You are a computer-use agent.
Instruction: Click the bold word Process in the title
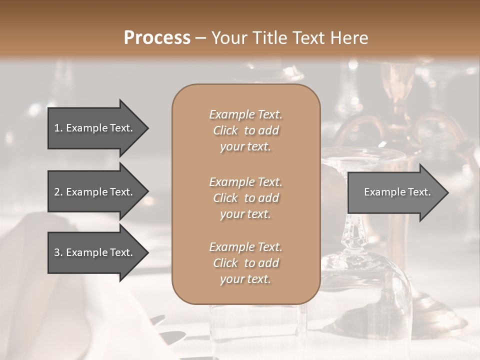pyautogui.click(x=157, y=38)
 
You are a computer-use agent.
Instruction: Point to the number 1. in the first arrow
pyautogui.click(x=58, y=128)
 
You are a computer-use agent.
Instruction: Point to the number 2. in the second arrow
pyautogui.click(x=58, y=192)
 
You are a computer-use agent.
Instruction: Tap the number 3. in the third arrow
pyautogui.click(x=58, y=252)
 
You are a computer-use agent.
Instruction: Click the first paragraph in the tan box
pyautogui.click(x=245, y=130)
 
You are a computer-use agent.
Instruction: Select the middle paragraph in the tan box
pyautogui.click(x=245, y=198)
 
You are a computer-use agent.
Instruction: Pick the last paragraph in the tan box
pyautogui.click(x=245, y=263)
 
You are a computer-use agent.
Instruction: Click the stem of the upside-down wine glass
pyautogui.click(x=353, y=230)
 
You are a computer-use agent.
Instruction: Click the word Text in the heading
pyautogui.click(x=308, y=38)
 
